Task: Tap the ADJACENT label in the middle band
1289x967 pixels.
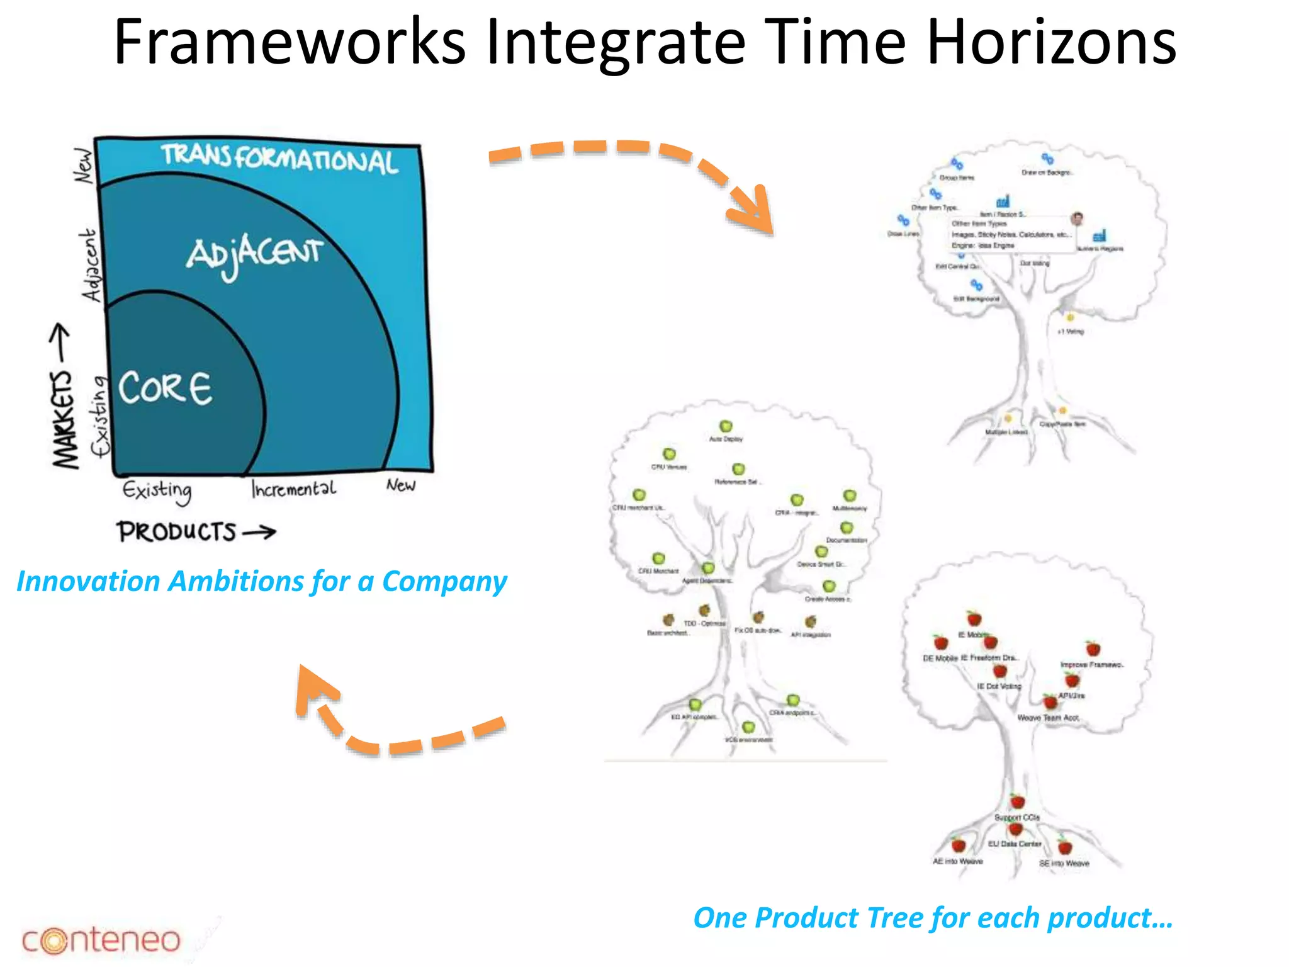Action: click(x=254, y=255)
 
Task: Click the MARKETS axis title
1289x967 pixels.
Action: click(x=65, y=419)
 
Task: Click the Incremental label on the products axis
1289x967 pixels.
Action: click(x=293, y=489)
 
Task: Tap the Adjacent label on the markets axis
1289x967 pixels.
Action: click(x=91, y=265)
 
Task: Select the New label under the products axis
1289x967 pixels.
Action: click(x=401, y=485)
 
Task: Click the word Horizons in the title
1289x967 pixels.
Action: click(x=1051, y=42)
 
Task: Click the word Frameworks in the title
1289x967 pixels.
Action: click(x=290, y=42)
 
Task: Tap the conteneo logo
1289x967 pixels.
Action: click(x=101, y=940)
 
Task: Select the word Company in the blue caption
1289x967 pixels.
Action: click(x=444, y=582)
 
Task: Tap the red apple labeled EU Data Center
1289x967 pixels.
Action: click(x=1016, y=830)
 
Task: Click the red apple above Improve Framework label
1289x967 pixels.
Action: click(x=1093, y=648)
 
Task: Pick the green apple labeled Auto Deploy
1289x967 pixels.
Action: click(x=726, y=426)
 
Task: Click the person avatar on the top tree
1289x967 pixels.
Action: click(x=1077, y=218)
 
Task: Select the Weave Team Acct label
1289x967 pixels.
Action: click(x=1048, y=718)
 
